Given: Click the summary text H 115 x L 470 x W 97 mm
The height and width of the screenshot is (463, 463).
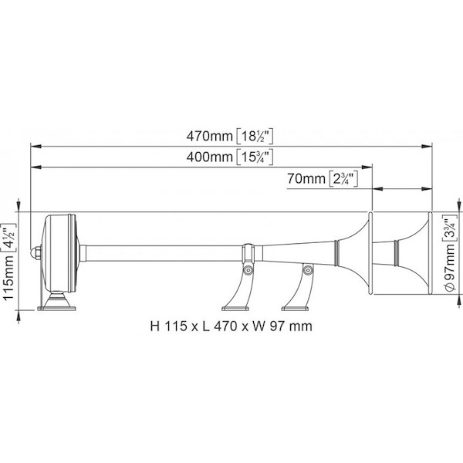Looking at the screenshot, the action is tap(231, 326).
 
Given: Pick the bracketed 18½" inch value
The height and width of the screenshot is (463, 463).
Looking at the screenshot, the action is tap(255, 137).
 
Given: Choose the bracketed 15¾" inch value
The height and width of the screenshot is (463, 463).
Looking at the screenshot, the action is tap(255, 157).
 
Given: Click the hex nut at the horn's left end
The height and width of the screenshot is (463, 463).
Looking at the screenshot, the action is tap(35, 253).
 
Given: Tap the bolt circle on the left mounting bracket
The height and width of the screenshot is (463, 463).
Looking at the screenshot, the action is tap(248, 270).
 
